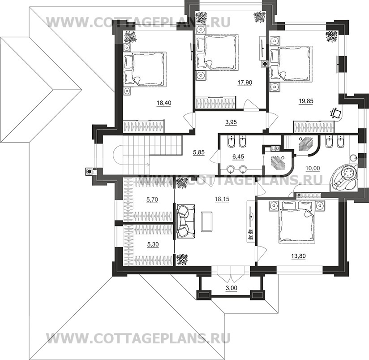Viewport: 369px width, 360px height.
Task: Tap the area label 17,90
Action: coord(244,82)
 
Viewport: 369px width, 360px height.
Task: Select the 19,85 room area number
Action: coord(306,101)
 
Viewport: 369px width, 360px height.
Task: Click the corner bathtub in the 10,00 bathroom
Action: coord(344,177)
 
